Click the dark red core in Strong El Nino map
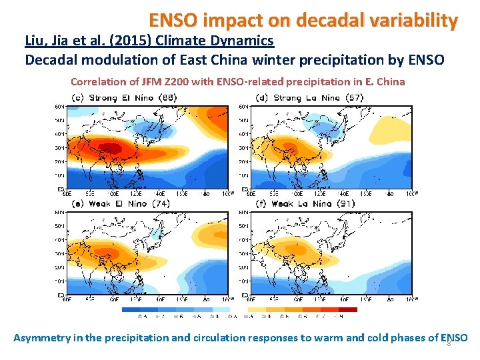[110, 147]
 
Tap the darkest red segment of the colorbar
[348, 309]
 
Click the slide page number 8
[449, 343]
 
